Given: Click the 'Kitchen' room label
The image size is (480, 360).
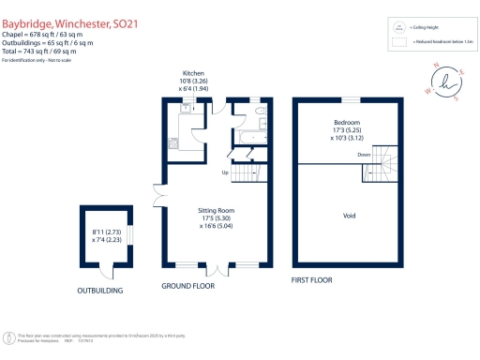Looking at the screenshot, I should tap(193, 73).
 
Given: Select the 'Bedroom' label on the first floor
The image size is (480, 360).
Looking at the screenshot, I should tap(348, 124).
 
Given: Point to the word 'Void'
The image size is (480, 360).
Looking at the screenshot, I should tap(349, 216).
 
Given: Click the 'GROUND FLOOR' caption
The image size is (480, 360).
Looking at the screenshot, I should tap(187, 285).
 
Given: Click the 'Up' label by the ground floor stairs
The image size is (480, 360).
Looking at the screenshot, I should tap(225, 172).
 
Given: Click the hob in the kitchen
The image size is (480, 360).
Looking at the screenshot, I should tap(173, 143).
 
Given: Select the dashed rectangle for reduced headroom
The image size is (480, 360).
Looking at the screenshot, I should tap(399, 42).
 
